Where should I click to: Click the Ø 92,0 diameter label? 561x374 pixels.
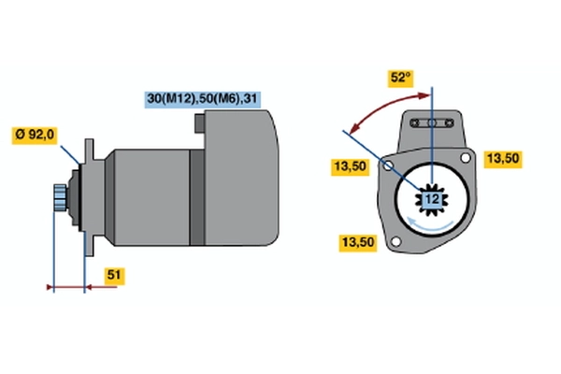click(x=35, y=135)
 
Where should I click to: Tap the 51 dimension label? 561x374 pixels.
click(x=114, y=275)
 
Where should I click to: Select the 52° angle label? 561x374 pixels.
click(x=401, y=78)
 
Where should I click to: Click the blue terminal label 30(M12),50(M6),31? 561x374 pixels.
click(x=202, y=99)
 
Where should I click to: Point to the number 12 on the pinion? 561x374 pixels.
click(x=432, y=199)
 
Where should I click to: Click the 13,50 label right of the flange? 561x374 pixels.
click(x=503, y=159)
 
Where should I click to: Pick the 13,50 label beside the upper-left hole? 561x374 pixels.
click(x=350, y=166)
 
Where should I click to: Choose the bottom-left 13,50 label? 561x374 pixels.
click(x=358, y=243)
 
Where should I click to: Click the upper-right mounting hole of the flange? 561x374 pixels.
click(x=465, y=157)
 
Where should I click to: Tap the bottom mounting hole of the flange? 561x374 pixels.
click(x=396, y=241)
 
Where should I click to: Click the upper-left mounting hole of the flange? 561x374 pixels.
click(x=388, y=165)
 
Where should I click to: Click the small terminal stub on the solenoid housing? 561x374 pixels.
click(x=200, y=123)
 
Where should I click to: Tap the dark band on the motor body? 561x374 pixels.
click(x=196, y=197)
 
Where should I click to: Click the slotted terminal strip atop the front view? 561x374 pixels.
click(x=432, y=123)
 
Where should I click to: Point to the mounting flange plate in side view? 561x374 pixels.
click(x=89, y=197)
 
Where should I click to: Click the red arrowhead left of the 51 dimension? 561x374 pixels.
click(x=50, y=287)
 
